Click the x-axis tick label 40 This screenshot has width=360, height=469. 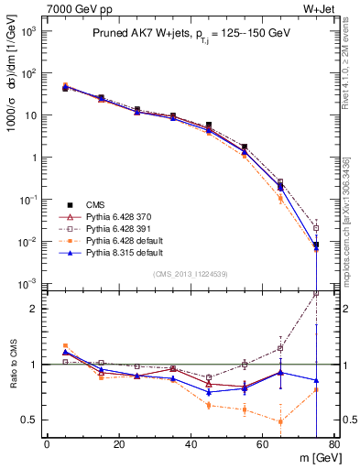[x=191, y=446]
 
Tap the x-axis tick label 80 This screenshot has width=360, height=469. [x=334, y=446]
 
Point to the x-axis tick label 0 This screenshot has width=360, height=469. [x=47, y=446]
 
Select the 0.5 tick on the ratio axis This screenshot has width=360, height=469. [x=28, y=420]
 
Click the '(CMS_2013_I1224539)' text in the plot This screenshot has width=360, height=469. [x=191, y=273]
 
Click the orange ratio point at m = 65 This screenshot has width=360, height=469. [x=280, y=421]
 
